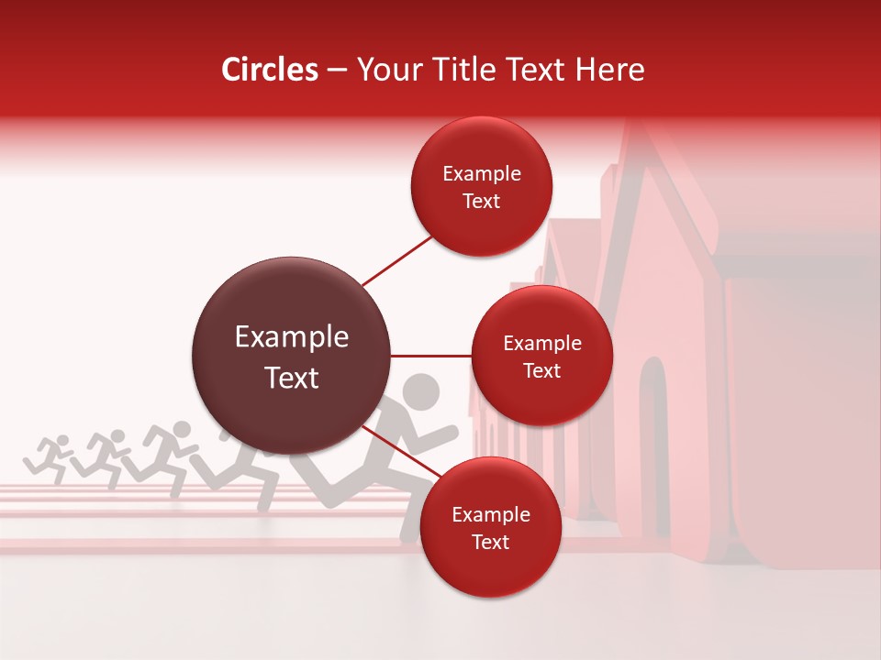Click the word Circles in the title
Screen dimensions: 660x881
coord(269,70)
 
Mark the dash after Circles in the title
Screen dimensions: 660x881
coord(337,71)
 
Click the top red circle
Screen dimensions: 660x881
coord(482,187)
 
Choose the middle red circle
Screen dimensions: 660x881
coord(542,357)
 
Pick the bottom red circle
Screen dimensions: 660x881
coord(490,528)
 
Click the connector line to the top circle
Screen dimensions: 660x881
coord(398,261)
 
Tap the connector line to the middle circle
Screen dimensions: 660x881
coord(431,356)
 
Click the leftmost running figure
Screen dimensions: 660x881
coord(50,455)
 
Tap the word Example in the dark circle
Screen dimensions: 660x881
coord(292,337)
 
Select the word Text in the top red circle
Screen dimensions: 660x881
coord(482,202)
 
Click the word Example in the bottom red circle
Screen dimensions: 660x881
coord(491,514)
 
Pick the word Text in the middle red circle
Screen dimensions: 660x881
coord(542,371)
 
